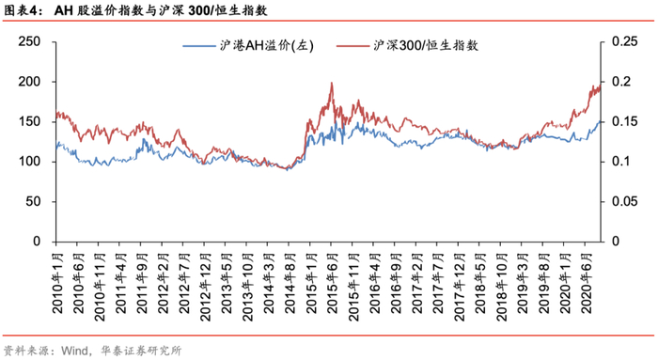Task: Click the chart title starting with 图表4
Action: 135,10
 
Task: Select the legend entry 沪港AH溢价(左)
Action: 266,45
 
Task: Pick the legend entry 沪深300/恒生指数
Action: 426,45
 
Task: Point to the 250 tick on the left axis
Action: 29,41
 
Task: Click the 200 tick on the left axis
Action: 29,82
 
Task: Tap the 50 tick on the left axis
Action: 33,201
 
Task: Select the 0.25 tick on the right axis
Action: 624,41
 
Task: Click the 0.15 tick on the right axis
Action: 624,121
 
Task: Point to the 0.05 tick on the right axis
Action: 624,201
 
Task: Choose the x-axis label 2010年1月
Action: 57,283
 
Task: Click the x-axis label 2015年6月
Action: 333,283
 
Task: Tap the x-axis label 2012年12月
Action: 206,287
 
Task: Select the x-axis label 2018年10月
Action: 502,287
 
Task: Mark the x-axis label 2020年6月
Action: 587,283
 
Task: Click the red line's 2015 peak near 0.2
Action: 332,83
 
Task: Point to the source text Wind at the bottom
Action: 73,351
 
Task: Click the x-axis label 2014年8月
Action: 290,283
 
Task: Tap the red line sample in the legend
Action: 352,46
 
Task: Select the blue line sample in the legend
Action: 199,46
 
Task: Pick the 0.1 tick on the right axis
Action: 620,162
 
